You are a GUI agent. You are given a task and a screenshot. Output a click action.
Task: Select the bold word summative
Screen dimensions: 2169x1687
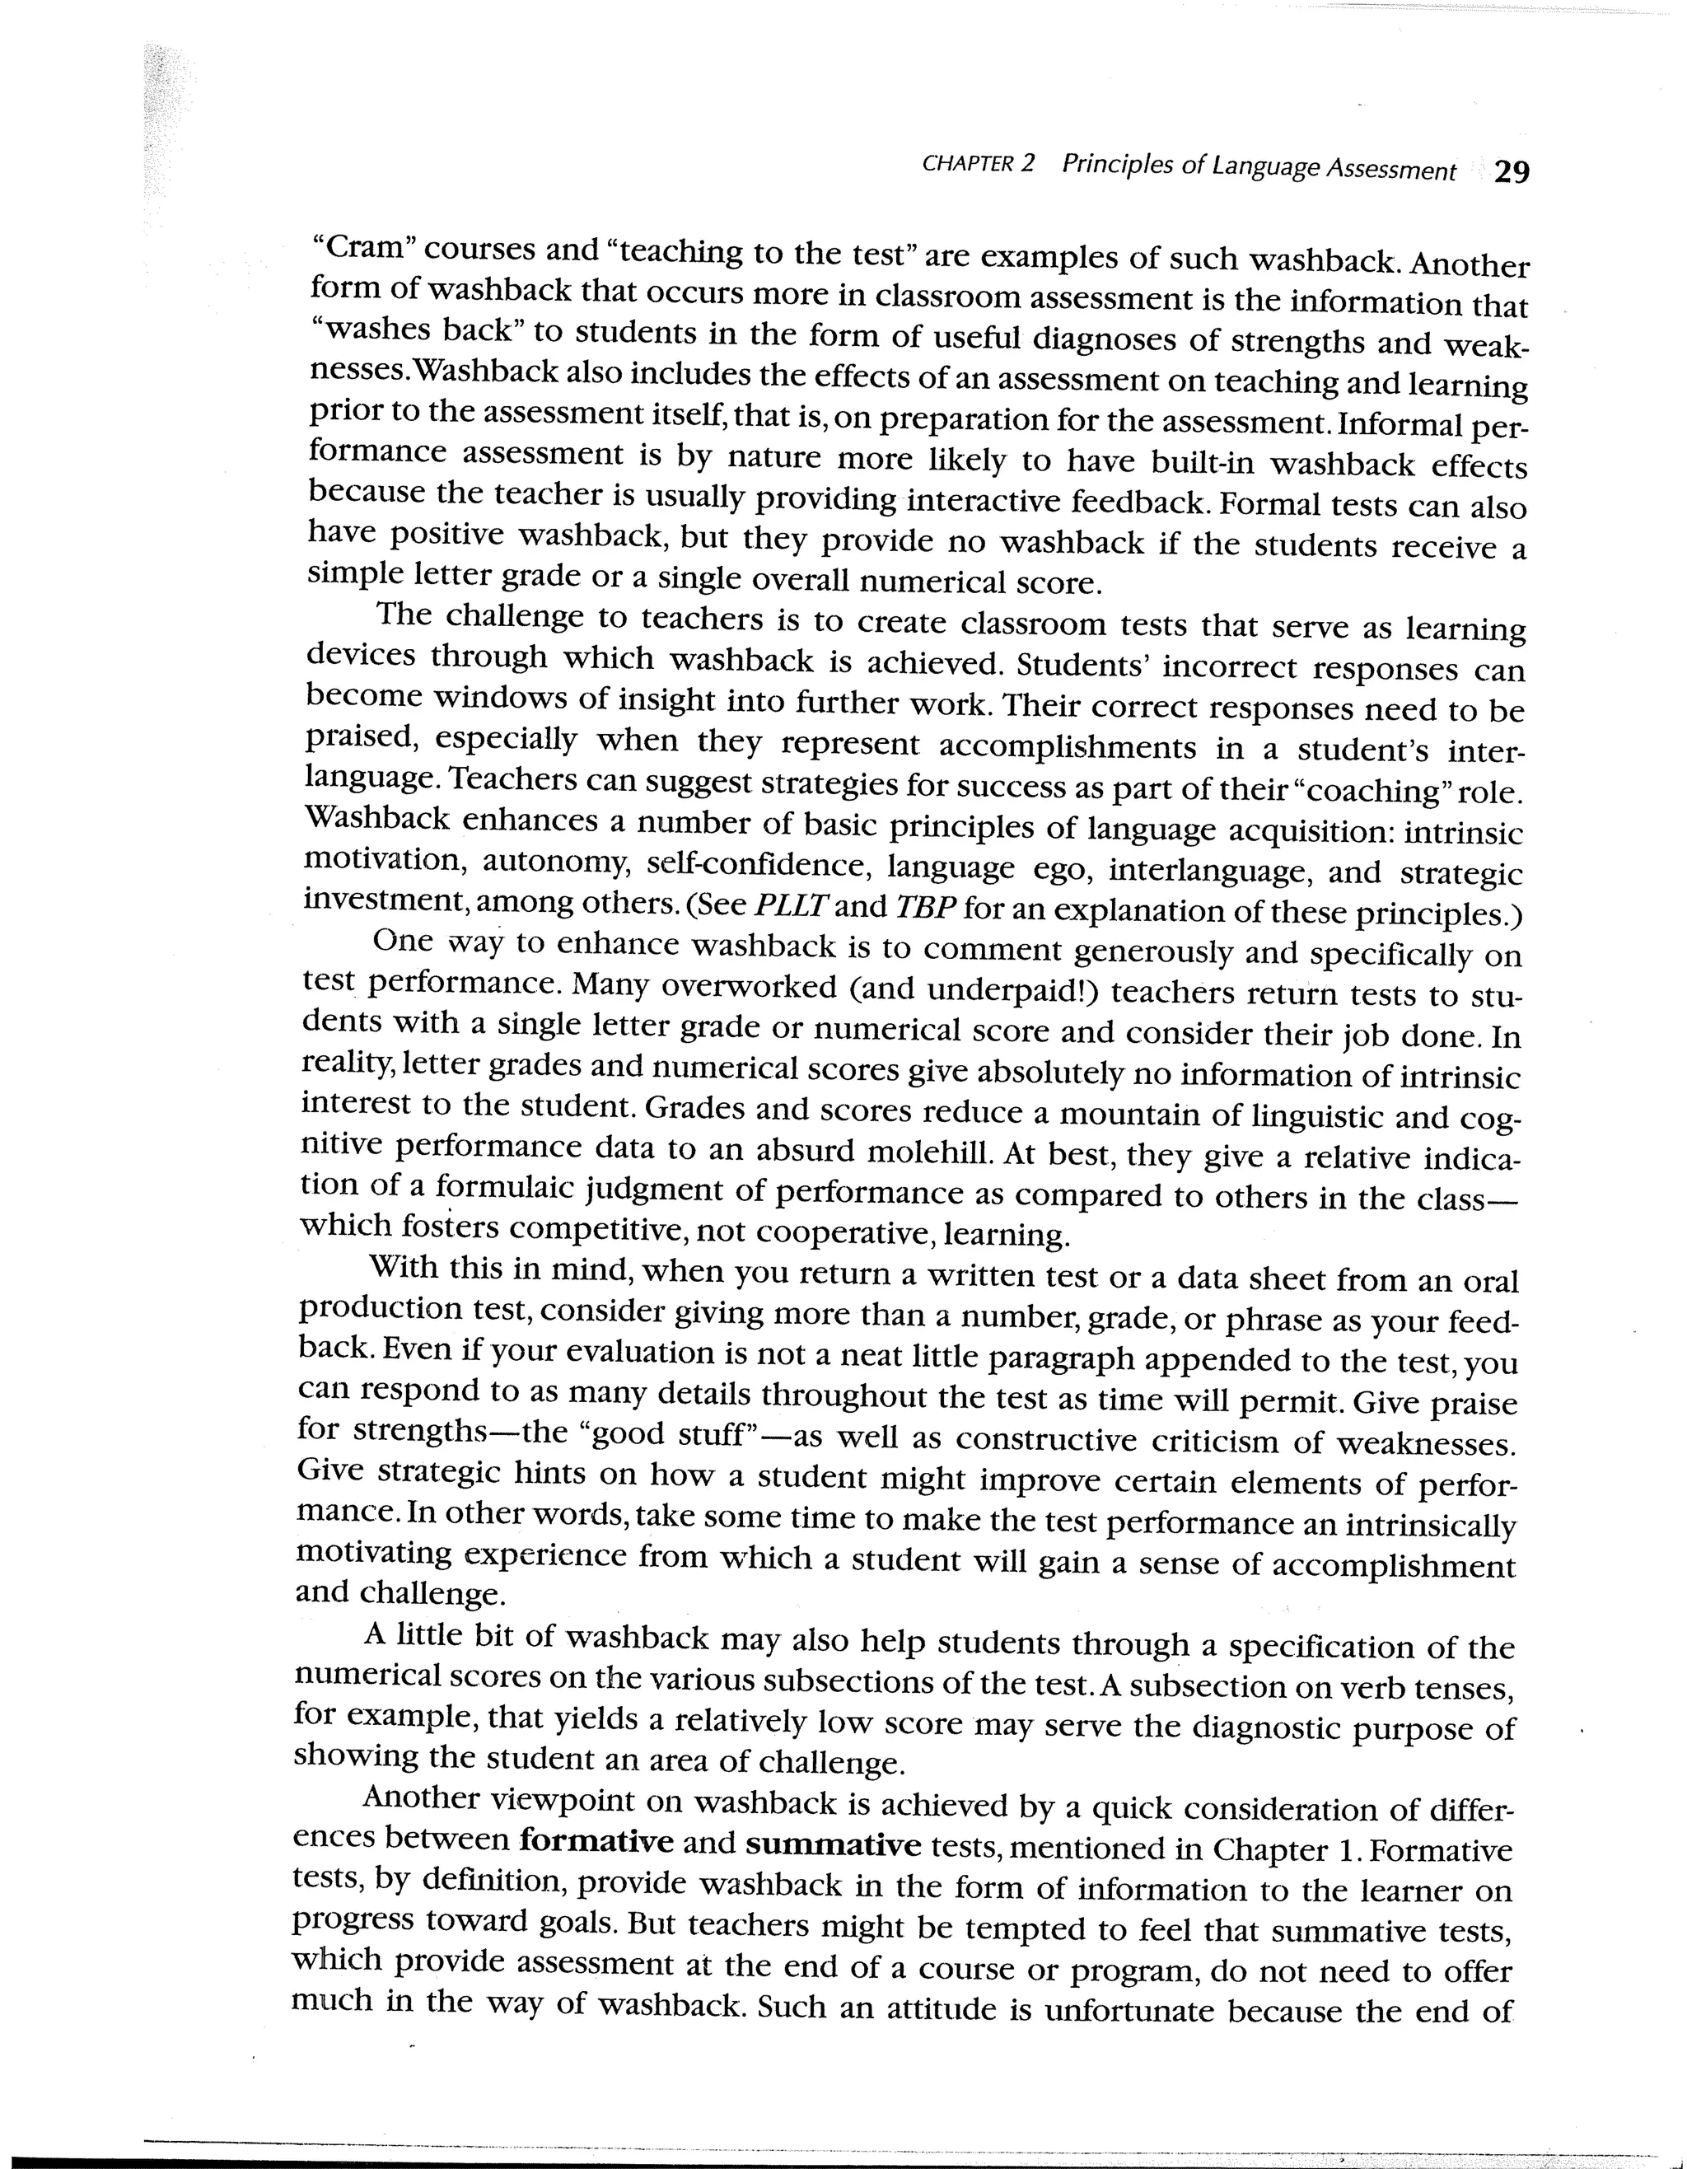[x=833, y=1845]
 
